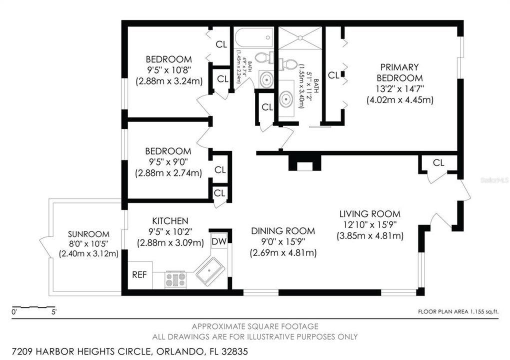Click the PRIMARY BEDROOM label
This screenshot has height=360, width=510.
(x=399, y=72)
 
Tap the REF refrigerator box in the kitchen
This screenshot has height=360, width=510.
(x=140, y=275)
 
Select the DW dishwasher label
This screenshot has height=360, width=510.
(x=219, y=241)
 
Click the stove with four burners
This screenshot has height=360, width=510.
(x=175, y=279)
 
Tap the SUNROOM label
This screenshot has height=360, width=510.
(x=88, y=234)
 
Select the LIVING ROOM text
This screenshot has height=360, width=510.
(x=370, y=214)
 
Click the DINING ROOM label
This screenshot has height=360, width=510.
(x=283, y=231)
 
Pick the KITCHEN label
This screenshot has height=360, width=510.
(x=170, y=221)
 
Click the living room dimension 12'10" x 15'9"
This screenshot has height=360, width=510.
(x=370, y=224)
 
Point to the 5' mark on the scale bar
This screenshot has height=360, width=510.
(x=54, y=312)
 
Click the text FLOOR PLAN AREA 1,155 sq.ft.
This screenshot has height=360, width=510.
(x=458, y=312)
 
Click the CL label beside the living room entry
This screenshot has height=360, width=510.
(x=438, y=162)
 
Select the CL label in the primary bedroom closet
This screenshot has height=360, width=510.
(x=333, y=75)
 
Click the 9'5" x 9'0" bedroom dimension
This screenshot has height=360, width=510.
(x=168, y=162)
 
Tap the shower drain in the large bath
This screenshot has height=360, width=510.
(x=299, y=38)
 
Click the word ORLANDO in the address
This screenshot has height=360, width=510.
(x=178, y=351)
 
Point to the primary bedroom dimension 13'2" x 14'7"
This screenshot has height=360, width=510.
(x=399, y=89)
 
